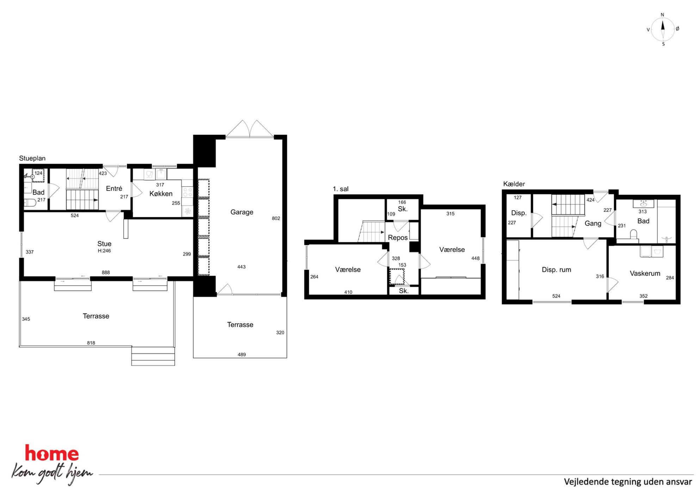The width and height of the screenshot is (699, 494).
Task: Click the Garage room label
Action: (x=242, y=212)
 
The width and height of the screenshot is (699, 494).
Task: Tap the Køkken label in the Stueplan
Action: (x=161, y=194)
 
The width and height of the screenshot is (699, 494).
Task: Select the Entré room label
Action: (x=114, y=188)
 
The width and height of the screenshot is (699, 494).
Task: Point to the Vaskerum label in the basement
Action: (x=645, y=273)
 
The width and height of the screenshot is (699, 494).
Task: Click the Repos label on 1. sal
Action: (x=397, y=238)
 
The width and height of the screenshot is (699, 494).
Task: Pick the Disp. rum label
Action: (x=556, y=270)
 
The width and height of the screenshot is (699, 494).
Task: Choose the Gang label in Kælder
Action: (x=593, y=223)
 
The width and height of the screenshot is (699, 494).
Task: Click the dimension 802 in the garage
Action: (x=276, y=218)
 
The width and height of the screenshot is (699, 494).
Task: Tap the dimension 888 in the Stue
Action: (x=106, y=273)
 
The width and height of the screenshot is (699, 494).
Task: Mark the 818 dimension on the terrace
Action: (x=91, y=343)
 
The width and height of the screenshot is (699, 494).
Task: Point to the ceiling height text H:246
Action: (x=104, y=251)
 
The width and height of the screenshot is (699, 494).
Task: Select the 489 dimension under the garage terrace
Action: (x=242, y=355)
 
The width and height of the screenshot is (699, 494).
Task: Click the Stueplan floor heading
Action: (x=32, y=158)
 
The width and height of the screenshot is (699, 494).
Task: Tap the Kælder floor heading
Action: (x=514, y=184)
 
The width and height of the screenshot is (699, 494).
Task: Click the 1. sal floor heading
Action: (x=340, y=189)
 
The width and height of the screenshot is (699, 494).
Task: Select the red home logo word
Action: (x=52, y=453)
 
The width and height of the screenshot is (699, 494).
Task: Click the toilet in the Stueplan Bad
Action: (x=30, y=202)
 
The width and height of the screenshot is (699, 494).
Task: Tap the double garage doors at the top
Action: (x=249, y=129)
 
